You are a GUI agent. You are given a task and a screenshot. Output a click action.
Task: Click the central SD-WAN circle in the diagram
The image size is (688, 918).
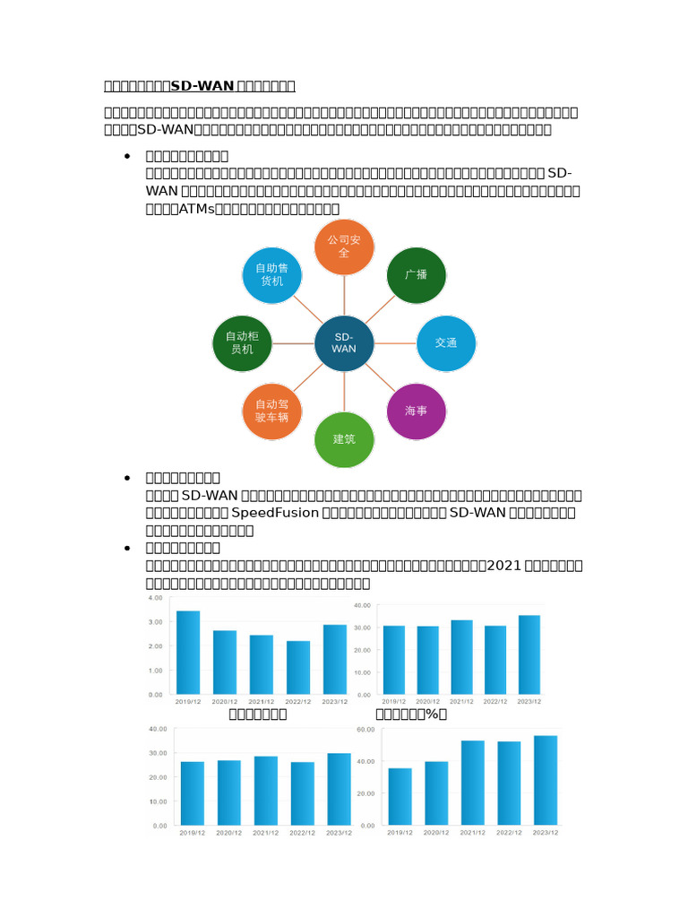(344, 342)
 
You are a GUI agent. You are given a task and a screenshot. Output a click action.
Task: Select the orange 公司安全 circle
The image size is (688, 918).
(344, 247)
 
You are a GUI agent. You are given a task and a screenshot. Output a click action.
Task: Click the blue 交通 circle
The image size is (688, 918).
(446, 342)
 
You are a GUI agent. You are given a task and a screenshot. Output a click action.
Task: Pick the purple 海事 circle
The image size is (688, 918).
(416, 411)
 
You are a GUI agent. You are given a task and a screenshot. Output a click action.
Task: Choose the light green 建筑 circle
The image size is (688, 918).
(344, 439)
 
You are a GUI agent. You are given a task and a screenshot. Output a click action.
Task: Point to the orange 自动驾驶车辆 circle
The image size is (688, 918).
(272, 411)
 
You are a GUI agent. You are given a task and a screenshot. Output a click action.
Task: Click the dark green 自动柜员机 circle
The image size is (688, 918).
(242, 342)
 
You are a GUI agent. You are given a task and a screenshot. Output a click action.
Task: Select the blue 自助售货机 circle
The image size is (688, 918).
(272, 274)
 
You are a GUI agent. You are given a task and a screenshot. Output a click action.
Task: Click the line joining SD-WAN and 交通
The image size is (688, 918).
(395, 342)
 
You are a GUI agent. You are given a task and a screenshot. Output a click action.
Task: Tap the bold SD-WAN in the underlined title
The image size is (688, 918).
(202, 86)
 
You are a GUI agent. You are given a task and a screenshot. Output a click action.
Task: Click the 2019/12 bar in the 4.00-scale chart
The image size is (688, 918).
(188, 652)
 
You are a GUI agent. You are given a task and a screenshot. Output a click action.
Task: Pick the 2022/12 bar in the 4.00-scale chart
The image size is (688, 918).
(298, 667)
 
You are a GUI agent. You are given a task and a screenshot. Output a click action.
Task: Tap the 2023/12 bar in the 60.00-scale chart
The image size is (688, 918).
(546, 780)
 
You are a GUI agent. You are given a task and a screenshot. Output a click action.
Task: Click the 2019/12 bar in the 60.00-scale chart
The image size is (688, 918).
(400, 796)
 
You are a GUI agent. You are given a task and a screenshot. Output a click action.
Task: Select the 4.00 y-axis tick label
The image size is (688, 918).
(155, 598)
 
